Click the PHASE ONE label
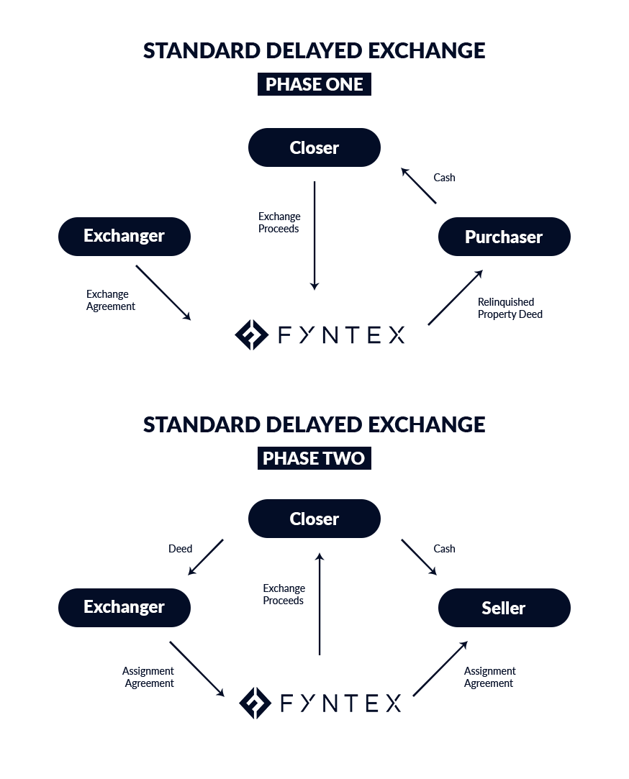click(314, 84)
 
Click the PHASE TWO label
click(314, 458)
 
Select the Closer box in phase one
click(314, 147)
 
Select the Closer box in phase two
click(314, 519)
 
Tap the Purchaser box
click(504, 237)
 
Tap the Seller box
click(504, 608)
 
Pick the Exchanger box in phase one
click(124, 236)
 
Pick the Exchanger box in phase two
click(124, 607)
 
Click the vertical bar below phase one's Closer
click(314, 236)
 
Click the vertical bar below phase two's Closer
click(320, 603)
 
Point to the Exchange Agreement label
click(108, 300)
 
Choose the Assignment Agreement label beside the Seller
click(492, 677)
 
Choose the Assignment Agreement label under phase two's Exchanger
click(145, 677)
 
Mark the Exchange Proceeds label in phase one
click(279, 222)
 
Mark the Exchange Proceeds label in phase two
click(284, 594)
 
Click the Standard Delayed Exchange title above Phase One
click(314, 51)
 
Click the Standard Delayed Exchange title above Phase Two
click(314, 425)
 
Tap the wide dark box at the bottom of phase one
click(322, 334)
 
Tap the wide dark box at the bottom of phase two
click(317, 703)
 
